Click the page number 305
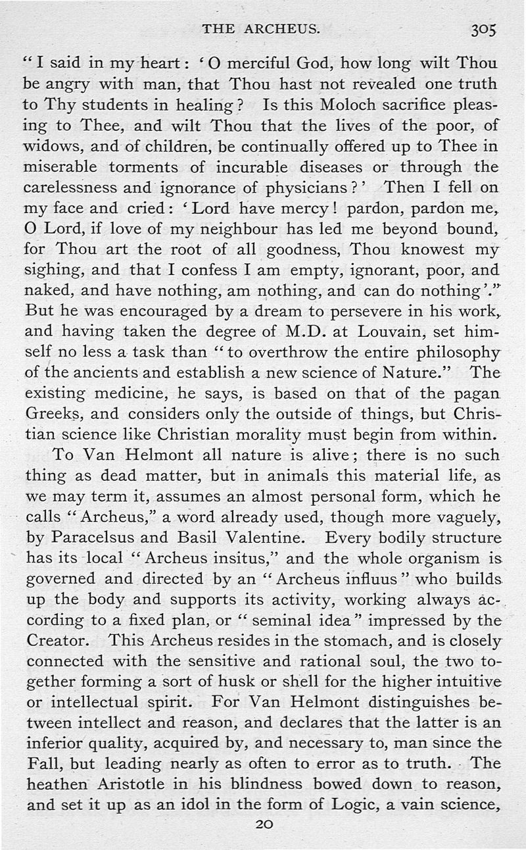coord(483,29)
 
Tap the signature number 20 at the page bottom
coord(263,823)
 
